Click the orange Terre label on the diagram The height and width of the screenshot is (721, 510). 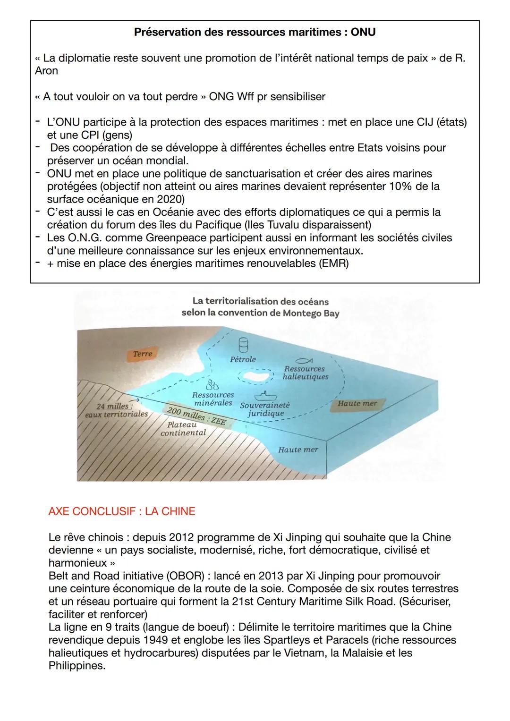click(143, 354)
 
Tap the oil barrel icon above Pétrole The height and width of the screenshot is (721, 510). click(243, 346)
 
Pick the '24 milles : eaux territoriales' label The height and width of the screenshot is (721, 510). click(116, 410)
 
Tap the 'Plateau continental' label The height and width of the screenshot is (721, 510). click(183, 429)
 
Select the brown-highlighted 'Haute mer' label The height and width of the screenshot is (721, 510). click(357, 403)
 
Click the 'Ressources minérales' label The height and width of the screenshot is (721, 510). click(213, 399)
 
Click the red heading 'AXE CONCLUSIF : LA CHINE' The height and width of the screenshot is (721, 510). click(122, 511)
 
